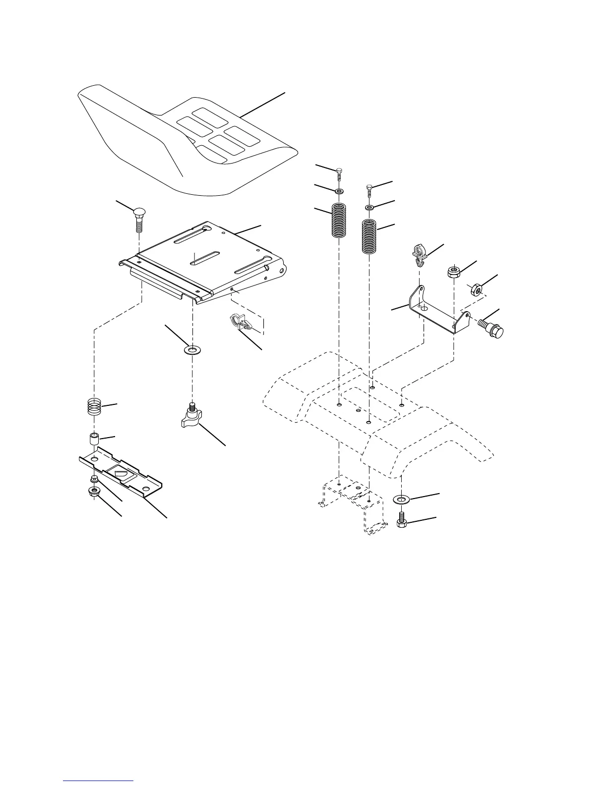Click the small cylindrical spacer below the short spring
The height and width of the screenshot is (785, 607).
pos(94,439)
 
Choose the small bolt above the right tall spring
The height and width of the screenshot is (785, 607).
pos(369,190)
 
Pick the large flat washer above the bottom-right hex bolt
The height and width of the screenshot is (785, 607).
pos(402,498)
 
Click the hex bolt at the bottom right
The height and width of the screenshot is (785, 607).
pos(402,520)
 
